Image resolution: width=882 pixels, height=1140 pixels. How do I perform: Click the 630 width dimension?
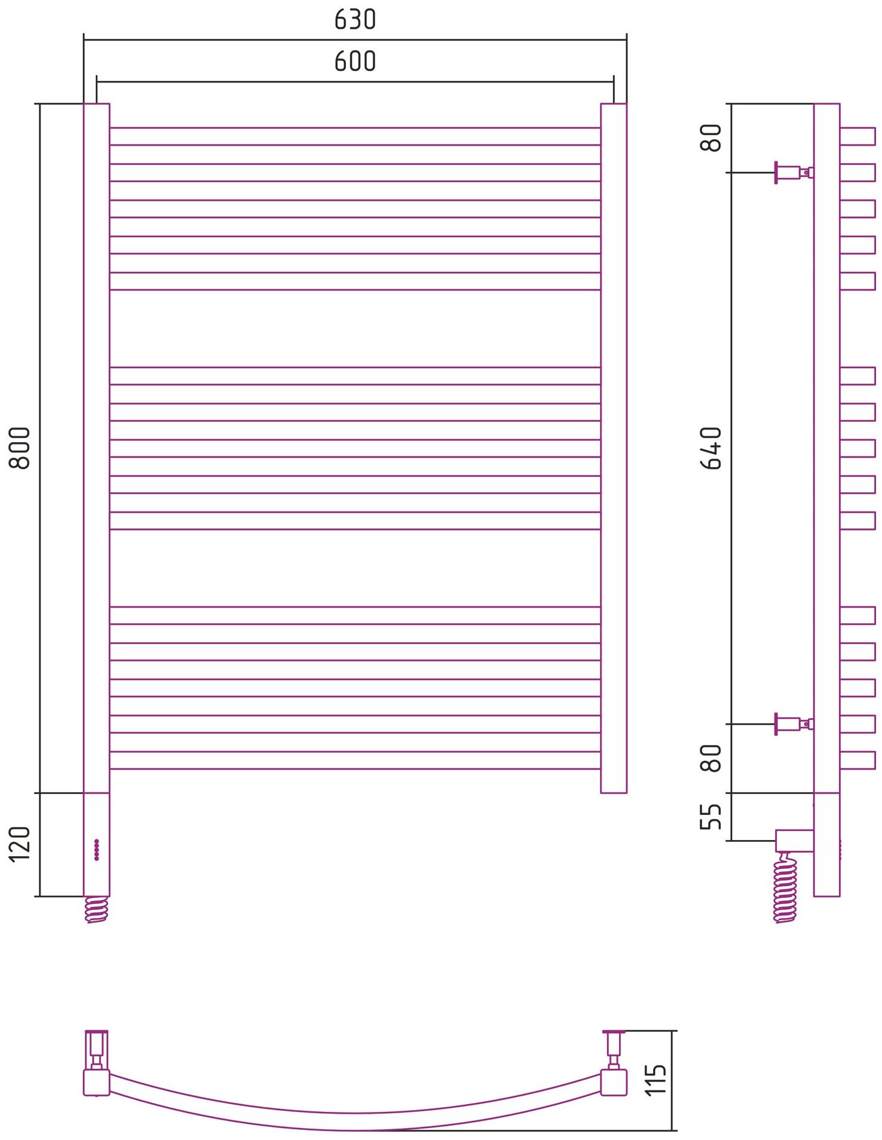point(355,20)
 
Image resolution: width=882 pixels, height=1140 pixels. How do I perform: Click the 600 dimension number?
point(355,62)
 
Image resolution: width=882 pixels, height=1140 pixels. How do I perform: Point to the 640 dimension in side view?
point(711,448)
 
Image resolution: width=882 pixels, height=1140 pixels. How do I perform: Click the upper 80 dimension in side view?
point(711,138)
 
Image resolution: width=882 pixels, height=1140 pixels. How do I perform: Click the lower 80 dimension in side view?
point(711,758)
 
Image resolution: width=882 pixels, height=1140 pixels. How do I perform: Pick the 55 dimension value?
point(711,817)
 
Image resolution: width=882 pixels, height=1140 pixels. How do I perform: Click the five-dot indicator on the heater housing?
point(97,850)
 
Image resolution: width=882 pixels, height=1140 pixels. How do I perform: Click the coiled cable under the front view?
point(97,909)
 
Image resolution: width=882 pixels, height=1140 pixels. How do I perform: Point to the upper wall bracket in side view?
point(792,173)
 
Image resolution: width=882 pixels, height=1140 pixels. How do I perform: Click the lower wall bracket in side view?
point(792,724)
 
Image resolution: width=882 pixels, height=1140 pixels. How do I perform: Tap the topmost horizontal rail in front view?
point(355,136)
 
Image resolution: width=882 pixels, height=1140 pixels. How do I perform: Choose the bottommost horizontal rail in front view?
point(355,760)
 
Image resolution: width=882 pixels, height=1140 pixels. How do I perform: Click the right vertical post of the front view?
point(614,448)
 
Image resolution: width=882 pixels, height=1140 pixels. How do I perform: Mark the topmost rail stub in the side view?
point(857,136)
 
